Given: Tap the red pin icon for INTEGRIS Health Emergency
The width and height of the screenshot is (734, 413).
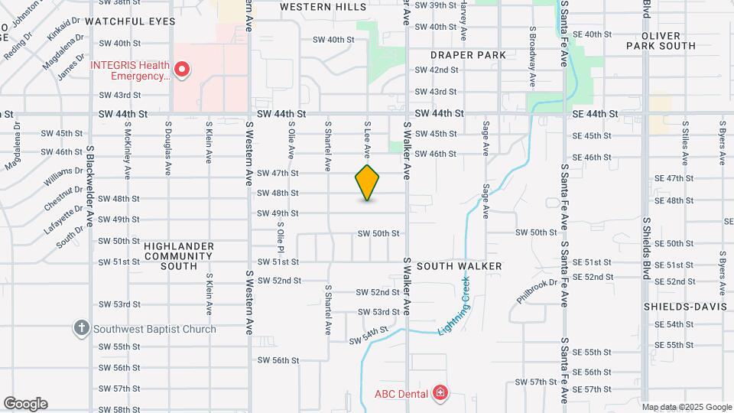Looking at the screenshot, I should (182, 70).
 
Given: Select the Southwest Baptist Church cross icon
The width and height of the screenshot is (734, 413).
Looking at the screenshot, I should (82, 329).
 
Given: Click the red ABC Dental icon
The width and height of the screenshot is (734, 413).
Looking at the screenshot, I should (440, 394).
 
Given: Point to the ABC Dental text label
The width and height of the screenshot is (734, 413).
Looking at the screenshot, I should (401, 395).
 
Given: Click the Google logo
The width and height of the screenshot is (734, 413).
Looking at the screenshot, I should (25, 404).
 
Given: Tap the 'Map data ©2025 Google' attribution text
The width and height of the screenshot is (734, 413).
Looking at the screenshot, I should (686, 407).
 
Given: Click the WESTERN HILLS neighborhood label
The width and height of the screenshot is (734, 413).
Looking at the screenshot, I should (323, 7).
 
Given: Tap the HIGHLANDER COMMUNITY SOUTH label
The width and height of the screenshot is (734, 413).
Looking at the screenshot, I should (179, 255).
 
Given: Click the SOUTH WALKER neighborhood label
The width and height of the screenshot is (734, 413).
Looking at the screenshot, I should (460, 266).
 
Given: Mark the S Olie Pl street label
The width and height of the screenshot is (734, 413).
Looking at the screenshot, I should (281, 239).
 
